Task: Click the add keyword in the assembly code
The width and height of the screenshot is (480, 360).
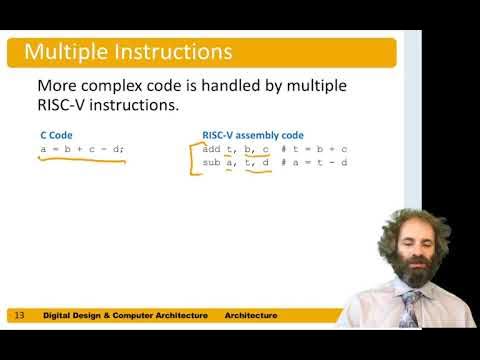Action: tap(210, 149)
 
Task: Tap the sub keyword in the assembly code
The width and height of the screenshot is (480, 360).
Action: tap(210, 162)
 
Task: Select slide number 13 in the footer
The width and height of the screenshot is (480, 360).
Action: tap(18, 316)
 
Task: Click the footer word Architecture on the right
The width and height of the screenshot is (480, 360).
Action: tap(251, 316)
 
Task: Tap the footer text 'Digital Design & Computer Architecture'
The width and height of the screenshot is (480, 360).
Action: tap(126, 316)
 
